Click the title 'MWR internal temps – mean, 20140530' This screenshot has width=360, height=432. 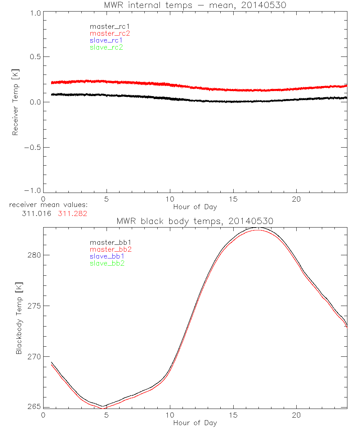point(195,6)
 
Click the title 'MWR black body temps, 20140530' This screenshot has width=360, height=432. point(195,221)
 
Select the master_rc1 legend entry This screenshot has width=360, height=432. point(106,26)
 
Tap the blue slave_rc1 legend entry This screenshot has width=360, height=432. point(106,40)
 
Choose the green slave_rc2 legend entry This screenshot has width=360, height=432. point(106,47)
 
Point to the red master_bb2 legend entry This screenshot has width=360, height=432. point(108,249)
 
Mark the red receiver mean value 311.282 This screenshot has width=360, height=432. point(73,213)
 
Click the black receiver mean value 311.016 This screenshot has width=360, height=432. point(37,213)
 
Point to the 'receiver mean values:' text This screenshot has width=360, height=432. point(49,205)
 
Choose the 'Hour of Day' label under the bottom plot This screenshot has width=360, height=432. point(195,423)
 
